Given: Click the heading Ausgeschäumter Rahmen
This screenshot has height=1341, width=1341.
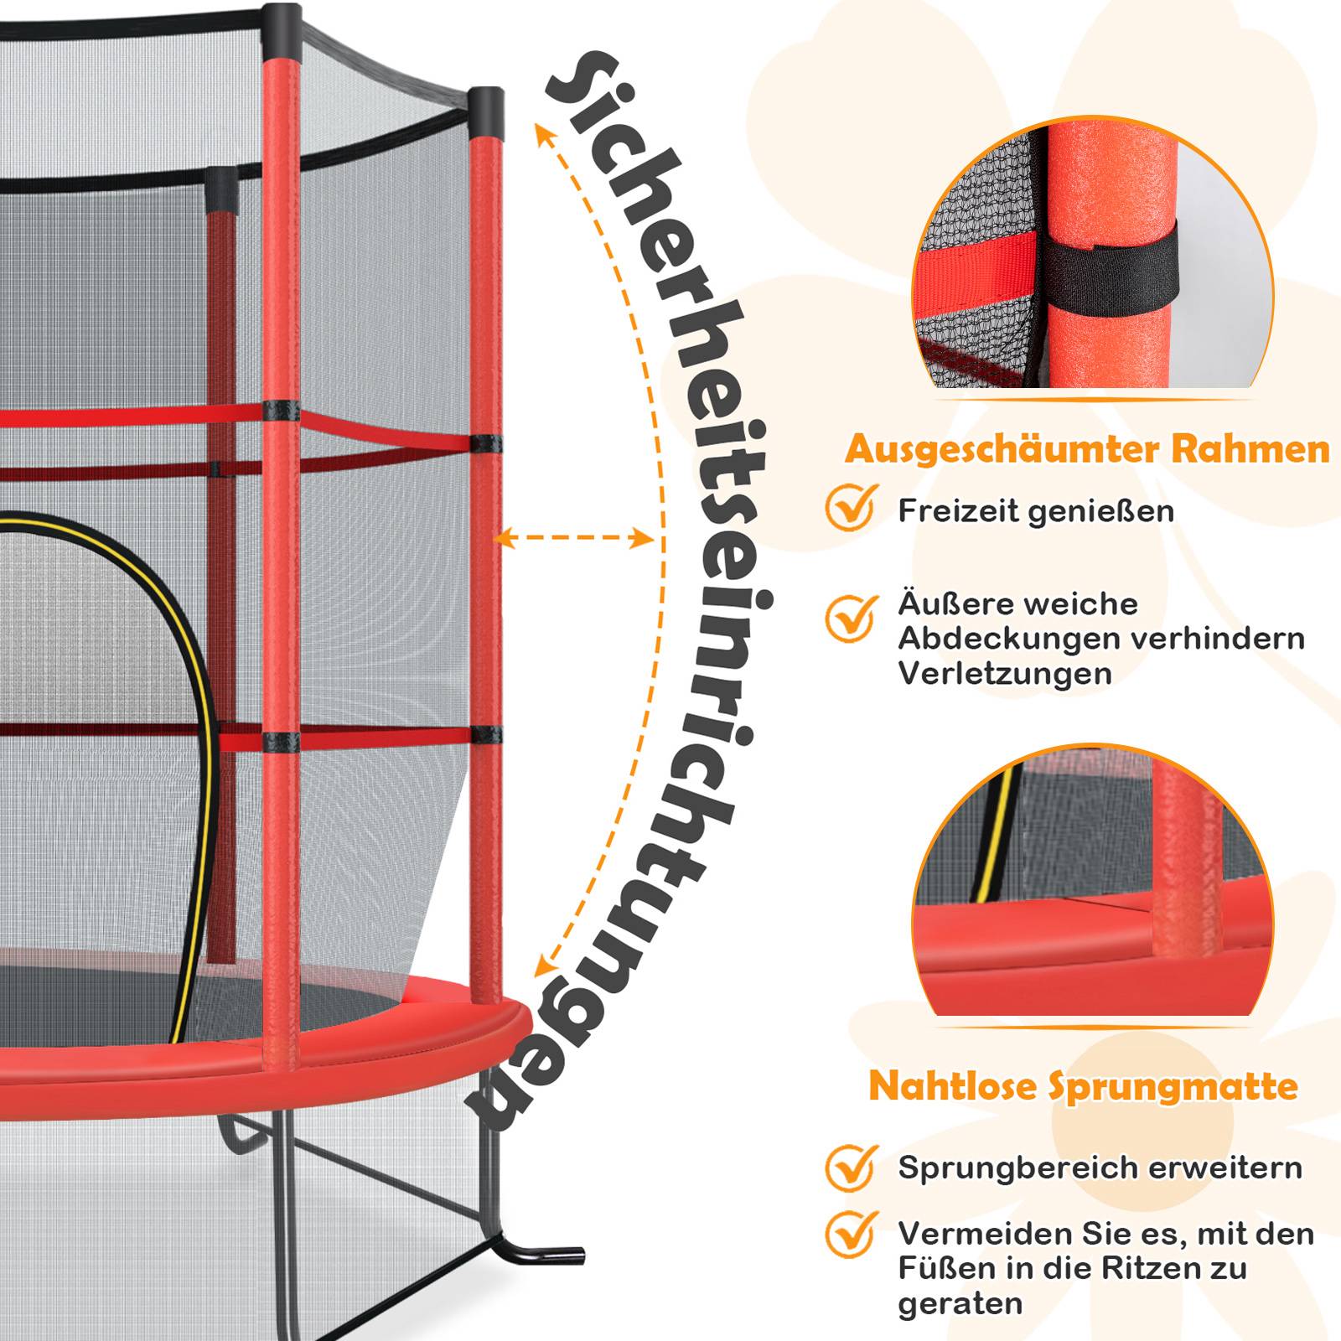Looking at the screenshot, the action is tap(1087, 450).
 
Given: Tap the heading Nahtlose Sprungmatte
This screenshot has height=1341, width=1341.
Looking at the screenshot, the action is tap(1084, 1086).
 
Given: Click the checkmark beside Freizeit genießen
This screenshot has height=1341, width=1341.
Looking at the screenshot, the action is tap(852, 507).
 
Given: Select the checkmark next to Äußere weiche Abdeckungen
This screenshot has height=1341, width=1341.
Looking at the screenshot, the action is tap(852, 618).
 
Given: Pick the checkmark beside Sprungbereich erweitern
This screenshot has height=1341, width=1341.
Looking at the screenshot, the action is tap(852, 1167).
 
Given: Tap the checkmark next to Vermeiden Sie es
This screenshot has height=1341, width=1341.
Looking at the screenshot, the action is tap(852, 1234).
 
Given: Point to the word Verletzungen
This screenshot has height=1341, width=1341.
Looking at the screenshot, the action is tap(1005, 673).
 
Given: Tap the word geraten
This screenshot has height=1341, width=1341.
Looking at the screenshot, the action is tap(960, 1305).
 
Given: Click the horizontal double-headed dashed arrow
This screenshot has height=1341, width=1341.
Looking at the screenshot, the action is tap(574, 538).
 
